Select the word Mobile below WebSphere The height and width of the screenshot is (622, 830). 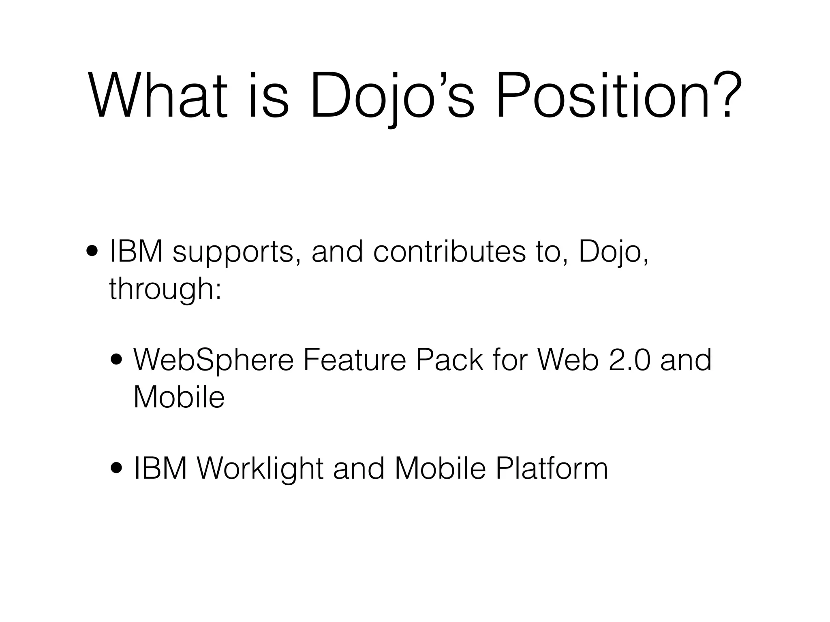pos(179,397)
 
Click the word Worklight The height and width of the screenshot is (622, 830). pos(259,469)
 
